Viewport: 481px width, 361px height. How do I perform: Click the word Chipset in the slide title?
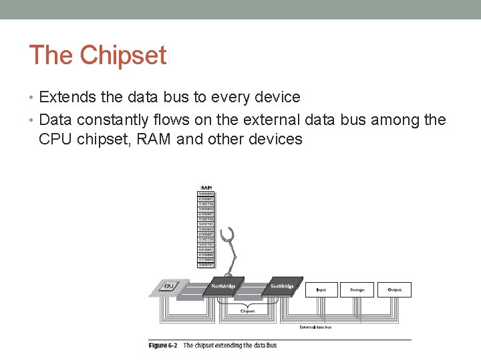click(x=123, y=55)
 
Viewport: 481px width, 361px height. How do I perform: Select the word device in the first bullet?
click(x=278, y=97)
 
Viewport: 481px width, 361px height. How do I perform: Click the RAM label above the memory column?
click(x=206, y=187)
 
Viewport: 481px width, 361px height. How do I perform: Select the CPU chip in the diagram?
click(x=168, y=286)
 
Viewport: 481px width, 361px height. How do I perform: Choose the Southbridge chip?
click(x=281, y=286)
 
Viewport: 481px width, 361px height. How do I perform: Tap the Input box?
click(x=321, y=289)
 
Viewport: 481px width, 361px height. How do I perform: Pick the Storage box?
click(x=357, y=289)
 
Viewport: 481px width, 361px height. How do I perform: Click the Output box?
click(x=394, y=289)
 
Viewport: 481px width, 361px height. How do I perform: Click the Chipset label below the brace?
click(x=247, y=312)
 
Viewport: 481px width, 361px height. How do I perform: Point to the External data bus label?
click(x=315, y=327)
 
